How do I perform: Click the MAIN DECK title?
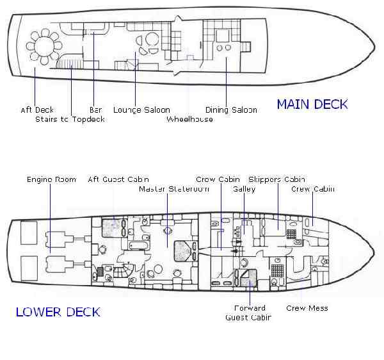tap(312, 104)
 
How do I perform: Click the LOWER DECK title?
tap(58, 312)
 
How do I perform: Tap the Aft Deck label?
tap(37, 110)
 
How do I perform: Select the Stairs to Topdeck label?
tap(70, 119)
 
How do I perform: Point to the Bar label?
tap(95, 110)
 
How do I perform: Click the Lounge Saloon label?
tap(141, 110)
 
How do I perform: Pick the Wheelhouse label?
tap(189, 119)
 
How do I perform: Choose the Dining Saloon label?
tap(231, 110)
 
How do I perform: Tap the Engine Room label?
tap(52, 179)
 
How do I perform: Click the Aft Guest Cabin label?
tap(118, 179)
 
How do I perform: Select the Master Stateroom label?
tap(174, 189)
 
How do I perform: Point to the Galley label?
tap(244, 189)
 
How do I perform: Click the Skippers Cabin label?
tap(276, 179)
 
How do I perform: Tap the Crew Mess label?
tap(307, 308)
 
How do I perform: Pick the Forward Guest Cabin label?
tap(248, 313)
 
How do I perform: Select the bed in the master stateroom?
tap(183, 251)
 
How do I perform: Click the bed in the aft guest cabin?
tap(111, 227)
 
